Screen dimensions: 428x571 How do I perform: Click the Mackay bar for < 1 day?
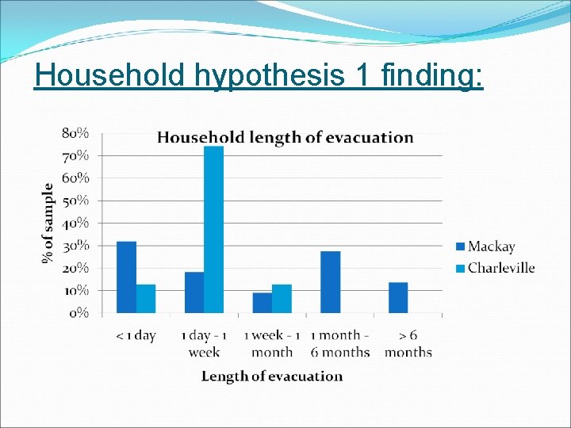[x=126, y=277]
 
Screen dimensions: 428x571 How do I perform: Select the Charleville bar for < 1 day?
[x=146, y=299]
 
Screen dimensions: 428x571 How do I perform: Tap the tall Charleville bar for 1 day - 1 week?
[x=214, y=230]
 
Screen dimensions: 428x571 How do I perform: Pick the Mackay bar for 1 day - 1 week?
[x=194, y=292]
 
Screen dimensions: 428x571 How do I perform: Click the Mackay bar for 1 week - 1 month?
[x=263, y=303]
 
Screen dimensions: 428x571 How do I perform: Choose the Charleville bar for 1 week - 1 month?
[x=282, y=299]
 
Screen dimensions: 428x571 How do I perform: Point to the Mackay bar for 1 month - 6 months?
[x=331, y=282]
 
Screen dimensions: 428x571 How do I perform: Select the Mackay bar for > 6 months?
[x=398, y=298]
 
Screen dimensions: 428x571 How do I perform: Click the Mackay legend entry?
[x=485, y=247]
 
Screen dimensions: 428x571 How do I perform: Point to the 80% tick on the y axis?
[x=75, y=133]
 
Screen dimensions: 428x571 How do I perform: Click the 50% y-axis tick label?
[x=75, y=201]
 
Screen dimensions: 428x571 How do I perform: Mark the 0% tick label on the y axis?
[x=79, y=313]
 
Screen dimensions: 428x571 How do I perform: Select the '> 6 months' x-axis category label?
[x=408, y=343]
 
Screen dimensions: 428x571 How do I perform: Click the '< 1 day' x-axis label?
[x=136, y=336]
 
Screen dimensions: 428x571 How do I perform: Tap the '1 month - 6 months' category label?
[x=339, y=343]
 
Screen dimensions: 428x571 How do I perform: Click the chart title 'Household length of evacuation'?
[x=285, y=138]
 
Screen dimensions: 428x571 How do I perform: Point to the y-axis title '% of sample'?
[x=49, y=224]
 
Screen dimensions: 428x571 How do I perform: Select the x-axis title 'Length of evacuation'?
[x=272, y=376]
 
